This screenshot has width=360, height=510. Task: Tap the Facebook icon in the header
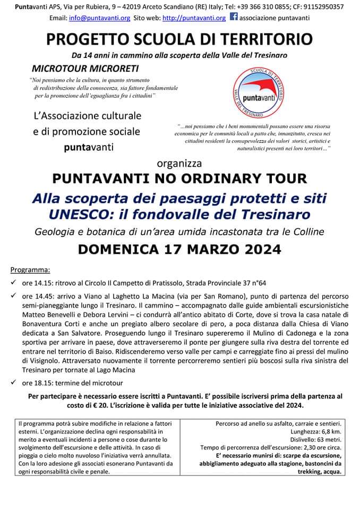(233, 18)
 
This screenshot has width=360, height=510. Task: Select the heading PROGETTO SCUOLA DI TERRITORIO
(179, 40)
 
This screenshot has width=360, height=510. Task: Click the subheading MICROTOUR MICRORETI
(84, 69)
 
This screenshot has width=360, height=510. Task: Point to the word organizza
(179, 163)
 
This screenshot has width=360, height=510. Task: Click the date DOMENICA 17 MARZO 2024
(179, 249)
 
